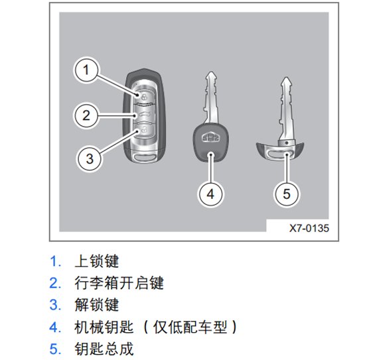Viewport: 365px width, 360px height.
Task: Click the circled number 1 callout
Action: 86,70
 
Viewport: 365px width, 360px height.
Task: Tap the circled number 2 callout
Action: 86,115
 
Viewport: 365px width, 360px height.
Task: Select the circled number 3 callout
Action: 90,159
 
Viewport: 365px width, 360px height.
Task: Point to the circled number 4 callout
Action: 210,194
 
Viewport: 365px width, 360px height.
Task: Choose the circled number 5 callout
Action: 287,194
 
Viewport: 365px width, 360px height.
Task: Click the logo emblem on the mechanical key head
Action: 211,137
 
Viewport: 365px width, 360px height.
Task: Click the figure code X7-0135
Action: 309,228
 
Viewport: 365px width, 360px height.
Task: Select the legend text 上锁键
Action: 97,261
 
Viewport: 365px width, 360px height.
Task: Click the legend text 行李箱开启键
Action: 119,283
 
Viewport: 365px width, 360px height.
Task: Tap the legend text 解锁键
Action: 97,305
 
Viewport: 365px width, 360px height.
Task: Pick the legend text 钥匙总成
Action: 104,349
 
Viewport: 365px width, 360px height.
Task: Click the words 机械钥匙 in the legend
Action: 104,327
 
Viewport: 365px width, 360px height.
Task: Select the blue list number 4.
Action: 55,327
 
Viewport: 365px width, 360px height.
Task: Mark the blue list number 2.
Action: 55,283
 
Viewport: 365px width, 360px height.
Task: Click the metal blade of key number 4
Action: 210,98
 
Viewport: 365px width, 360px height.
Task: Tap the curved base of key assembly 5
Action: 280,151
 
